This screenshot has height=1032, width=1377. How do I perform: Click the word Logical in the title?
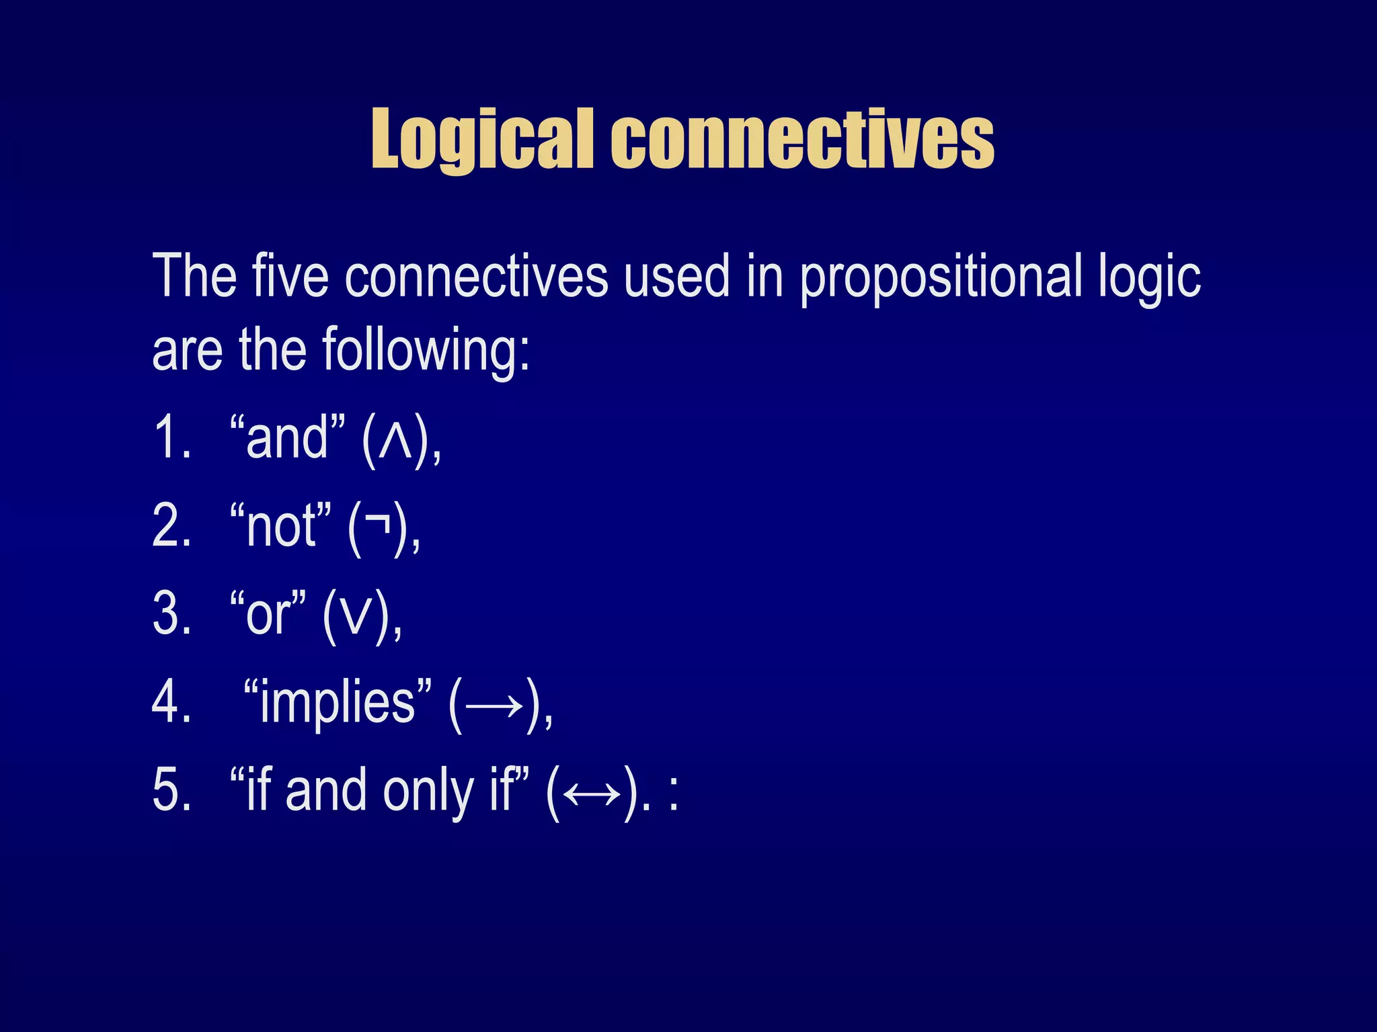pyautogui.click(x=482, y=139)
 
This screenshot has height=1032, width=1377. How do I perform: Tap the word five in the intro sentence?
pyautogui.click(x=290, y=276)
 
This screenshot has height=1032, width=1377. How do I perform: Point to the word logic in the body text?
pyautogui.click(x=1150, y=277)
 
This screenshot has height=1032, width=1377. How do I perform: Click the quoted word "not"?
pyautogui.click(x=280, y=526)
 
